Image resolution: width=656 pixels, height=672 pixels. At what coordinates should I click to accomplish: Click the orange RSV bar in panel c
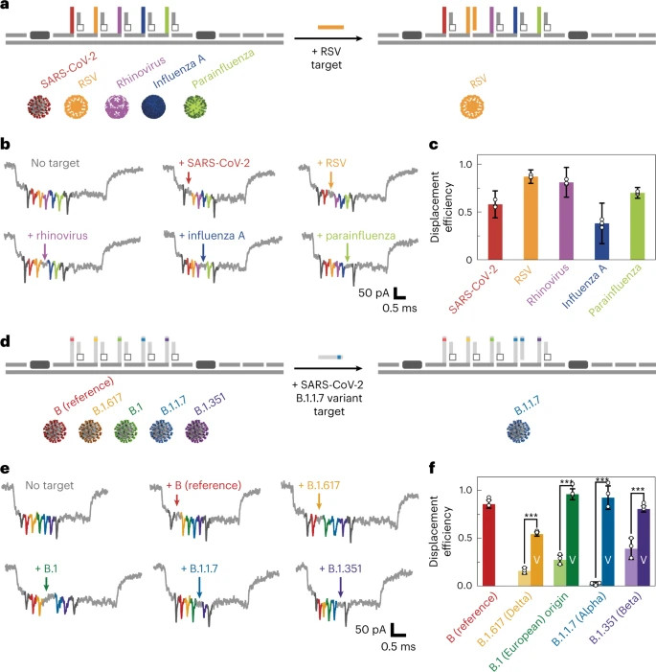tap(531, 219)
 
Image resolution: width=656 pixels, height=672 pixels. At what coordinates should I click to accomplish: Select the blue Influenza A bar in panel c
tap(602, 242)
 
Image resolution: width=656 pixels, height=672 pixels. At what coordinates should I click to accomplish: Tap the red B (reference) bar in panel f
tap(488, 545)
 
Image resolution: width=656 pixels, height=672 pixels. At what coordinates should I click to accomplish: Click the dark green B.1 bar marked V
tap(572, 540)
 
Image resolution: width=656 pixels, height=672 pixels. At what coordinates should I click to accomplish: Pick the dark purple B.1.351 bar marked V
tap(644, 547)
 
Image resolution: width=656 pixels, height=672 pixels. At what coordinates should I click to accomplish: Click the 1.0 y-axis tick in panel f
tap(465, 490)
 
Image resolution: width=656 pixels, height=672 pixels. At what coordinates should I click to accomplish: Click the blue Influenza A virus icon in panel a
tap(153, 106)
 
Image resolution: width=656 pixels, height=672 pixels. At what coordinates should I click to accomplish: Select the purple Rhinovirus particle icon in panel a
tap(117, 106)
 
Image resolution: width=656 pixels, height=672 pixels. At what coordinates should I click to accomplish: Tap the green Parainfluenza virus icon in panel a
tap(195, 106)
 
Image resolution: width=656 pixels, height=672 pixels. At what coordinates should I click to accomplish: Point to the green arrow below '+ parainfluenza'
tap(348, 252)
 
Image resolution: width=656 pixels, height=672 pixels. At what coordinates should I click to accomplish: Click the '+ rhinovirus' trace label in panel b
tap(57, 235)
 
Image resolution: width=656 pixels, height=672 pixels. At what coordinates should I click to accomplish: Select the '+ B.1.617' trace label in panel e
tap(319, 485)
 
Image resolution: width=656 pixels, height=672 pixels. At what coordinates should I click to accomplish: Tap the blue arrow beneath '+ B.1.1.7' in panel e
tap(199, 587)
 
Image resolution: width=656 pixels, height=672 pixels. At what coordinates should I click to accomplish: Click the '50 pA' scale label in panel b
tap(373, 292)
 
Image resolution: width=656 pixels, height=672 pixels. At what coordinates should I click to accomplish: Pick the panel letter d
tap(6, 341)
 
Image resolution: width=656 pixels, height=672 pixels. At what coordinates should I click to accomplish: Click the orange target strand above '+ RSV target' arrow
tap(330, 28)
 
